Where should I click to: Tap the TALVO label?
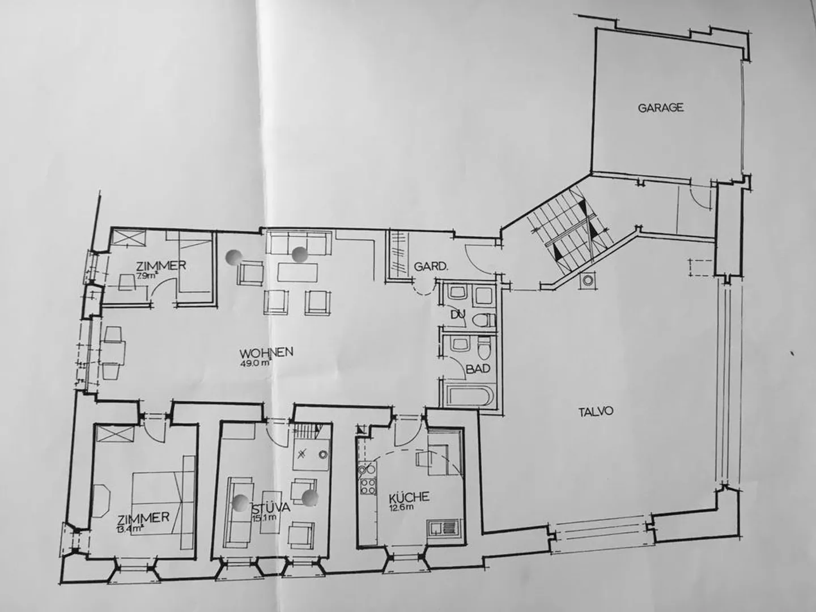[596, 412]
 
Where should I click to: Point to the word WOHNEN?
[266, 352]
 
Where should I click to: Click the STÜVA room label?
[271, 508]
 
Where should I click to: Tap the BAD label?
[478, 368]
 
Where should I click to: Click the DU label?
[458, 314]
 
